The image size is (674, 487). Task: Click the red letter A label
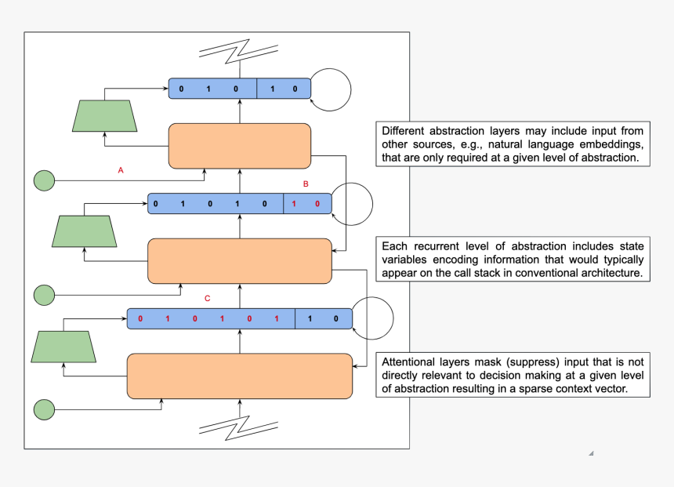(x=121, y=169)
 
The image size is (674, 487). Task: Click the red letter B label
(x=306, y=184)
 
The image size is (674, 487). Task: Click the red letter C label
(x=207, y=299)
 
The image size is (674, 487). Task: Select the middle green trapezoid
(x=85, y=231)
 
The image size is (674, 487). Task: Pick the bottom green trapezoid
(x=63, y=347)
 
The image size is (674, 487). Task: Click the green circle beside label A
(x=44, y=181)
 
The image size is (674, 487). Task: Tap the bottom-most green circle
(x=44, y=409)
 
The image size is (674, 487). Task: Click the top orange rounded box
(x=240, y=146)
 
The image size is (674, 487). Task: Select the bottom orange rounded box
(x=240, y=376)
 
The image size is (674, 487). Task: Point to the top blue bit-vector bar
(x=240, y=89)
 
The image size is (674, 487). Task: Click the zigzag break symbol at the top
(x=240, y=50)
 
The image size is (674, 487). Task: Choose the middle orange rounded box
(x=240, y=261)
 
